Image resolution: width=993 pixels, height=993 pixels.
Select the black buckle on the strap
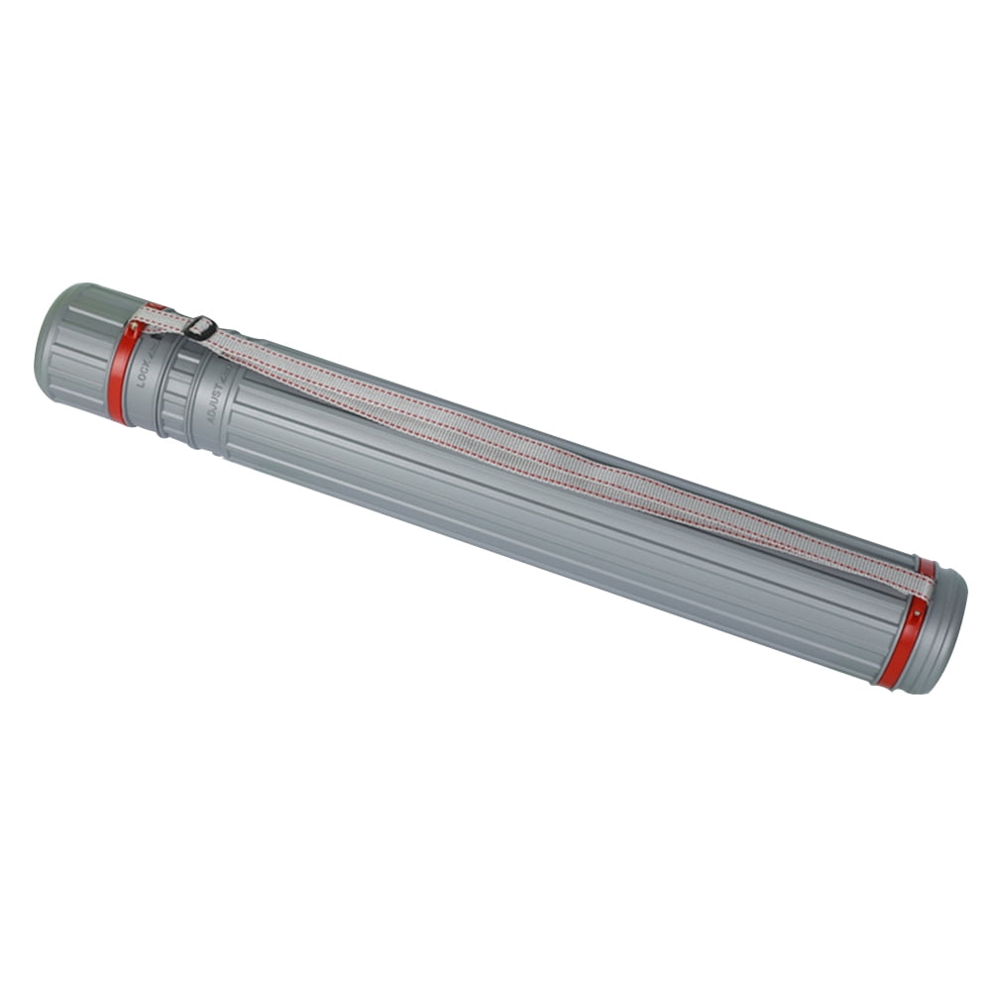point(199,327)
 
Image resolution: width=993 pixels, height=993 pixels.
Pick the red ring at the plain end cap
point(902,644)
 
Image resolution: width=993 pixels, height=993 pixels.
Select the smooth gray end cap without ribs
point(941,634)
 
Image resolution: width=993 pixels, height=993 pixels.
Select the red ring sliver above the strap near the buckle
point(155,306)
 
